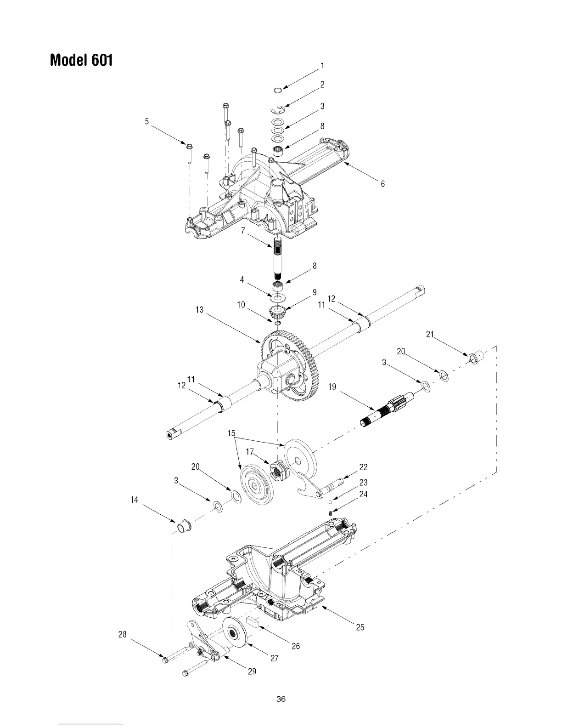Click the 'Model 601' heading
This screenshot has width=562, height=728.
pos(81,60)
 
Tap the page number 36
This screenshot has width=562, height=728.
pos(281,699)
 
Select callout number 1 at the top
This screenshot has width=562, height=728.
pos(323,66)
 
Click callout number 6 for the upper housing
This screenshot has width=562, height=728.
pos(382,184)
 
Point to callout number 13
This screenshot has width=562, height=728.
pos(199,310)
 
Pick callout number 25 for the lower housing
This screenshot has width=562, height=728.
pos(360,627)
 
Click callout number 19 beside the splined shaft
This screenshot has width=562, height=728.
pos(332,387)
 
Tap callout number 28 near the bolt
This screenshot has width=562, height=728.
pos(122,635)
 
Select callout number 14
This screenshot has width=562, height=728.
pos(134,500)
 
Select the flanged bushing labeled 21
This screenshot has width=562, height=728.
pos(474,356)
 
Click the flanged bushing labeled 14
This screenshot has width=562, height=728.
pos(185,525)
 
